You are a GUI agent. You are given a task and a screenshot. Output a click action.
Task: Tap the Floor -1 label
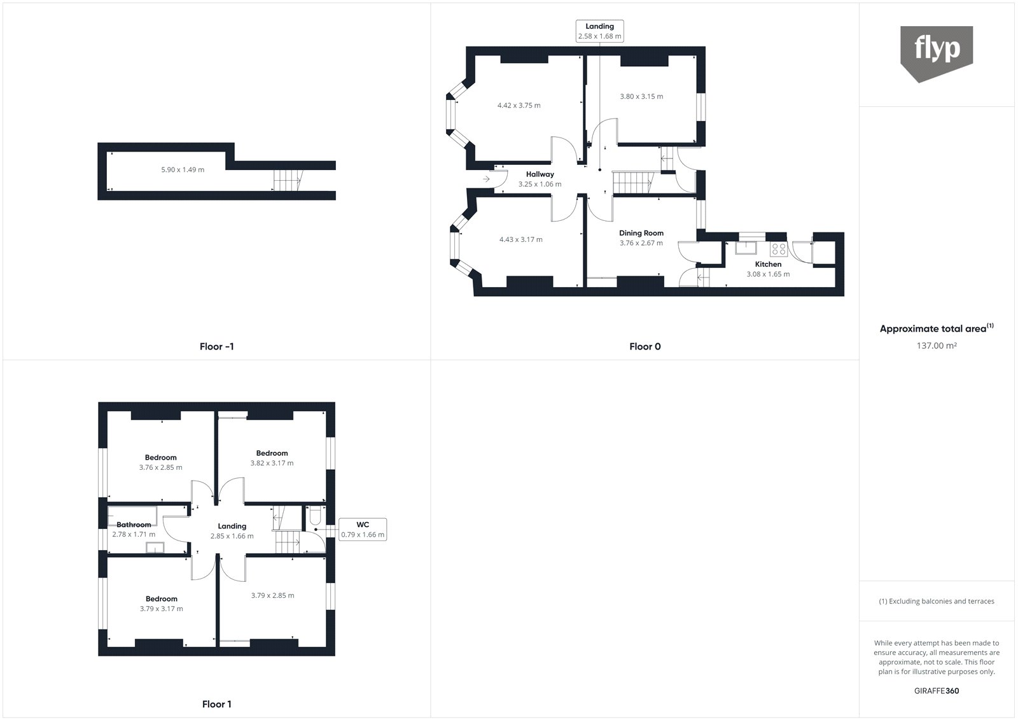point(216,347)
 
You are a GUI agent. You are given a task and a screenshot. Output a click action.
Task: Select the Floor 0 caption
point(645,347)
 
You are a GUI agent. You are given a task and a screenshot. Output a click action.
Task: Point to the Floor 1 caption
point(216,704)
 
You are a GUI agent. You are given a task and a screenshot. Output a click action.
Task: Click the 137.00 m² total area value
point(936,346)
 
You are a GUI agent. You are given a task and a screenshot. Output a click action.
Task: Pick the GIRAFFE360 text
point(936,691)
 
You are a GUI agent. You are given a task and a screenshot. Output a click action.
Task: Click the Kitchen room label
point(768,264)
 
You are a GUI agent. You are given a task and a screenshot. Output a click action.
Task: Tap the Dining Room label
point(641,234)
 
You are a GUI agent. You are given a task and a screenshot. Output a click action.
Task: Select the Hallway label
point(540,174)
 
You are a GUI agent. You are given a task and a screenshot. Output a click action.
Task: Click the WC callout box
point(363,530)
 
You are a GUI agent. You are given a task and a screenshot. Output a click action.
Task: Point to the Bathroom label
point(134,525)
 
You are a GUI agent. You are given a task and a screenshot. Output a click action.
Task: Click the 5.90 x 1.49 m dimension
point(183,170)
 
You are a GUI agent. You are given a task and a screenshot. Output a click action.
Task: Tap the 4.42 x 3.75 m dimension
point(519,106)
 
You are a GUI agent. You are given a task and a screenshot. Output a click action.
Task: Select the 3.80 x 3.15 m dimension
point(641,97)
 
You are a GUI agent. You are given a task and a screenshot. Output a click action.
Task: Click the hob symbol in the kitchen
point(779,250)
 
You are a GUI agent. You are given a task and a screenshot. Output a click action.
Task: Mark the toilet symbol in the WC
point(315,518)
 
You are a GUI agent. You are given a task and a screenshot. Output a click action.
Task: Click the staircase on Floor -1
point(286,181)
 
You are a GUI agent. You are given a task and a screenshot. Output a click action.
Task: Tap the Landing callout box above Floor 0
point(599,31)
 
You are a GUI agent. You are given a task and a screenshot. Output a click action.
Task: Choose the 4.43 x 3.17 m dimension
point(520,240)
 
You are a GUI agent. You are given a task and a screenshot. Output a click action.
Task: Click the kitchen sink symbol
point(748,248)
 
